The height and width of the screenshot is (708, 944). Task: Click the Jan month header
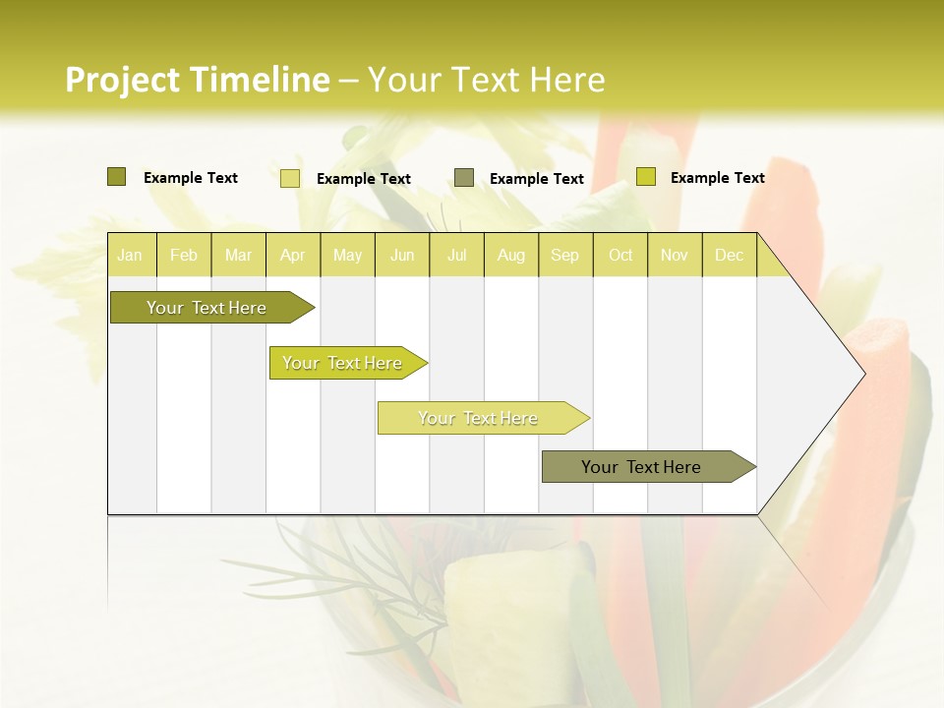click(x=131, y=255)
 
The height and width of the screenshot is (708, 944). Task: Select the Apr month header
click(x=293, y=255)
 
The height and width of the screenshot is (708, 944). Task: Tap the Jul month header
click(x=457, y=255)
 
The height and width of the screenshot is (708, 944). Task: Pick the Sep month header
click(x=565, y=255)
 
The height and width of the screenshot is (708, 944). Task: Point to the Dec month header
click(x=730, y=255)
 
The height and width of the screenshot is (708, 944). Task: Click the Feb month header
click(x=184, y=255)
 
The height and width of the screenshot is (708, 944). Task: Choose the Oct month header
click(x=620, y=255)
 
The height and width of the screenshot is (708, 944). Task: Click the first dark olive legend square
click(x=117, y=177)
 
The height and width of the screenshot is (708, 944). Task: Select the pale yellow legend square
click(x=290, y=178)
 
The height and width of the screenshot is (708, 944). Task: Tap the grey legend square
click(x=464, y=177)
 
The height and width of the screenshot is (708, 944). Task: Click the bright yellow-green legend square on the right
click(x=646, y=177)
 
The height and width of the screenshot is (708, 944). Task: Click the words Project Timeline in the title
click(x=197, y=80)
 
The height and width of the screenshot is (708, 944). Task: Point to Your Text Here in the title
click(x=486, y=80)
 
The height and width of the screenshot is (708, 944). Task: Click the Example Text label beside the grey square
click(x=537, y=179)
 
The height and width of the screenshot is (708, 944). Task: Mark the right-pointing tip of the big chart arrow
click(x=863, y=373)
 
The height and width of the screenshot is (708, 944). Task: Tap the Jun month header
click(x=402, y=255)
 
